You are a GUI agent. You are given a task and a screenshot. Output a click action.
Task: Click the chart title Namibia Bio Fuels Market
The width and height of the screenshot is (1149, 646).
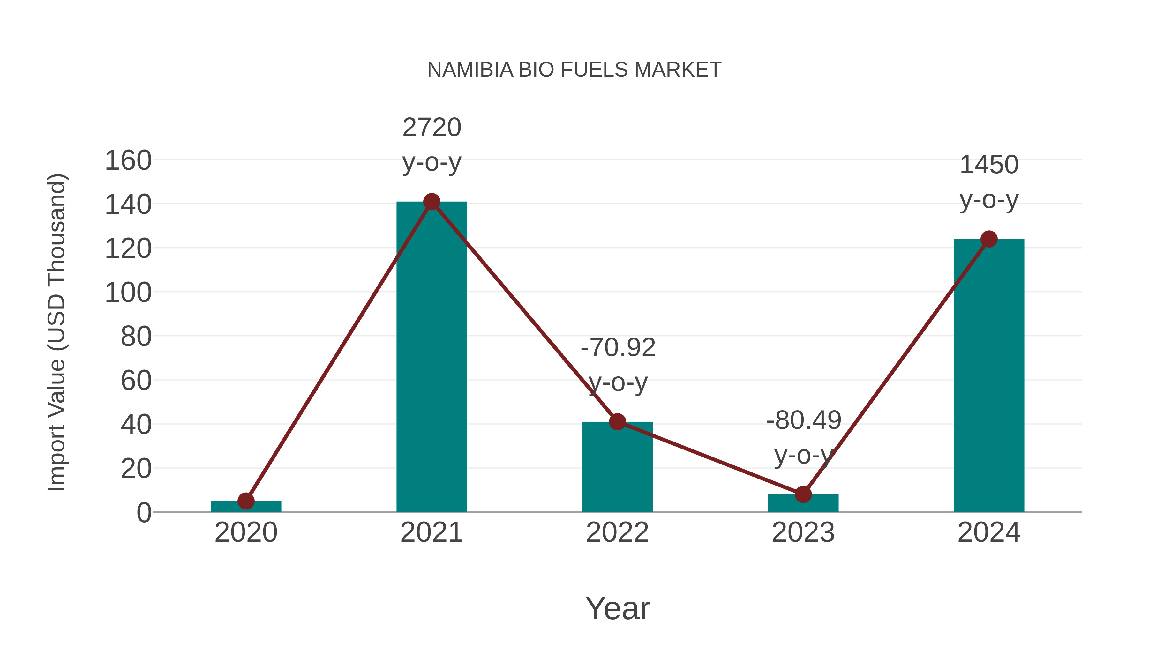click(574, 70)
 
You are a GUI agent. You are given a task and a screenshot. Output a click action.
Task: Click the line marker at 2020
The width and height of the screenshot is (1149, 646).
click(246, 501)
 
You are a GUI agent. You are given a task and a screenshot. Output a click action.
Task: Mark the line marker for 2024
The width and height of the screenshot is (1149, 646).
click(989, 239)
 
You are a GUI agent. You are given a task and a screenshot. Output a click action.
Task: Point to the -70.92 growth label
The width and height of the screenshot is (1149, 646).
click(618, 364)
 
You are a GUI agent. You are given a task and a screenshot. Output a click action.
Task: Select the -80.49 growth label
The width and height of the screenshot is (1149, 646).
click(804, 437)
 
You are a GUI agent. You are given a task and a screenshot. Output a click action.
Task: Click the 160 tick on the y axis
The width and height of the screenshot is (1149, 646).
click(128, 160)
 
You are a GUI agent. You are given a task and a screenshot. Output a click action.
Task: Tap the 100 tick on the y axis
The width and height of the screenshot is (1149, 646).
click(128, 293)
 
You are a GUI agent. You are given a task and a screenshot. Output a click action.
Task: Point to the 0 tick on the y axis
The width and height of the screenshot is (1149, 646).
click(144, 513)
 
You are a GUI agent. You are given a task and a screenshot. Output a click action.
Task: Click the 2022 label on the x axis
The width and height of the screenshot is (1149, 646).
click(617, 532)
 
